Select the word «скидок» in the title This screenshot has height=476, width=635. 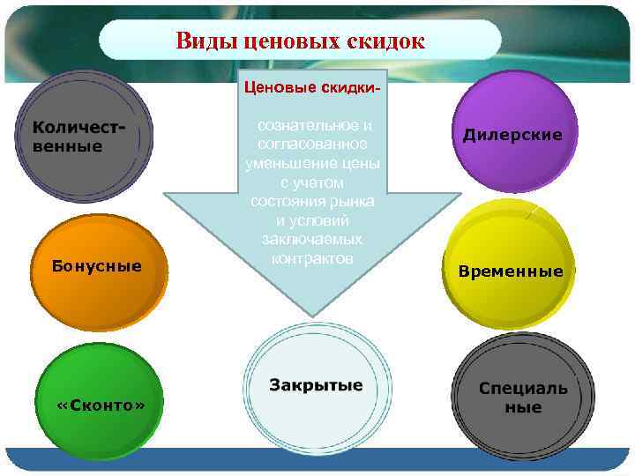pyautogui.click(x=387, y=41)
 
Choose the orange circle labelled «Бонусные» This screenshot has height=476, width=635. pyautogui.click(x=96, y=266)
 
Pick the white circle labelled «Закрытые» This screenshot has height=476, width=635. pyautogui.click(x=314, y=386)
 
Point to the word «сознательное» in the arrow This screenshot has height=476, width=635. pyautogui.click(x=313, y=126)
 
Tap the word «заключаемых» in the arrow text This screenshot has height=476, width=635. pyautogui.click(x=312, y=239)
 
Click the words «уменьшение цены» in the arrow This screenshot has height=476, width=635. pyautogui.click(x=312, y=163)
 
